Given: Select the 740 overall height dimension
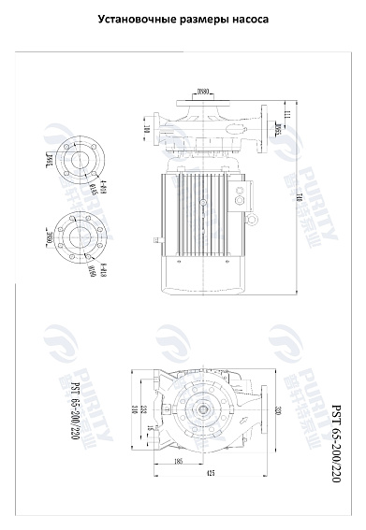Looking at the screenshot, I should (x=299, y=196).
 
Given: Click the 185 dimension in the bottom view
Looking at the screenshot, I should (x=177, y=460).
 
